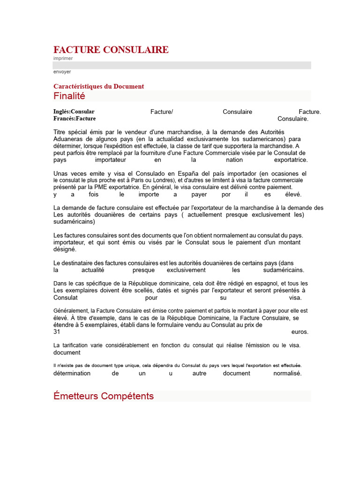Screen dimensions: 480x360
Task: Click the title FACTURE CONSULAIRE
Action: (x=111, y=50)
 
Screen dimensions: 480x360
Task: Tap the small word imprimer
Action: (x=63, y=59)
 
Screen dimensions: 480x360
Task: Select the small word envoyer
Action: (x=62, y=72)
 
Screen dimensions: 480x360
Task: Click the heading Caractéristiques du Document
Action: (x=98, y=86)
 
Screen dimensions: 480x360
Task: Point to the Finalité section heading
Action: (x=69, y=96)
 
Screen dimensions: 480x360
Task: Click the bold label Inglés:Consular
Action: (x=74, y=112)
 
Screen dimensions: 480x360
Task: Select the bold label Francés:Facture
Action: (x=75, y=119)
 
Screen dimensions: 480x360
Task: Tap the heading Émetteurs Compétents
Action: (x=104, y=396)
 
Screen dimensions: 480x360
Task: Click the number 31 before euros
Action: (x=57, y=331)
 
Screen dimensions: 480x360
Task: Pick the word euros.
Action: (x=300, y=331)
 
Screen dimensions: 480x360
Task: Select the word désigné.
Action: (x=65, y=249)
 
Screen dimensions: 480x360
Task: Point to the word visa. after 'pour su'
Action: (x=295, y=297)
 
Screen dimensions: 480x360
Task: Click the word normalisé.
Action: (x=287, y=373)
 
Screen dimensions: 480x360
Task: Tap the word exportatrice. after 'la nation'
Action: (x=291, y=160)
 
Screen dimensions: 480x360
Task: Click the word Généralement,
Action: (x=71, y=310)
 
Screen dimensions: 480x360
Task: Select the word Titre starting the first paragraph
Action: (x=60, y=132)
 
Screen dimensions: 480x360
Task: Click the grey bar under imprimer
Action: (x=182, y=65)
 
